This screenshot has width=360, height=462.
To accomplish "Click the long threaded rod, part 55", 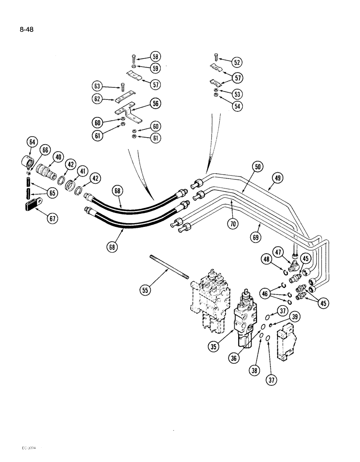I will click(x=170, y=267).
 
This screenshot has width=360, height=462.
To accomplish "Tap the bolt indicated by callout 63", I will click(x=123, y=87).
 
